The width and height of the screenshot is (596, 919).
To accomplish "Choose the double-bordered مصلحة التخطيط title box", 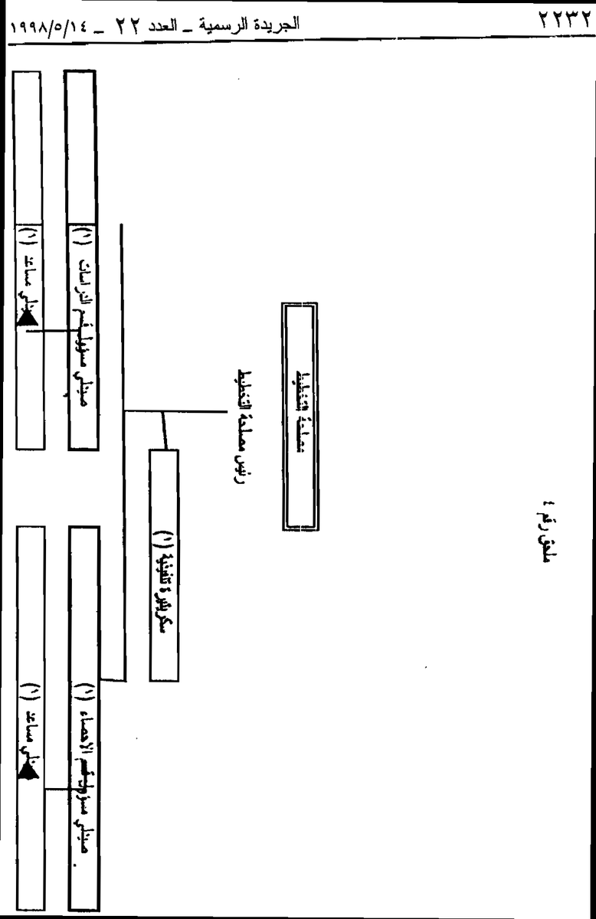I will [x=300, y=416].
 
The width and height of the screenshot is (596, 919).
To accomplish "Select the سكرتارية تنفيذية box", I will [x=164, y=564].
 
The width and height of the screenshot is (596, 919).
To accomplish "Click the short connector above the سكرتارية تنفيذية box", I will [x=164, y=430].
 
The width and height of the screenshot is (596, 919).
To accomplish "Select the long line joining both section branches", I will [x=123, y=452].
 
